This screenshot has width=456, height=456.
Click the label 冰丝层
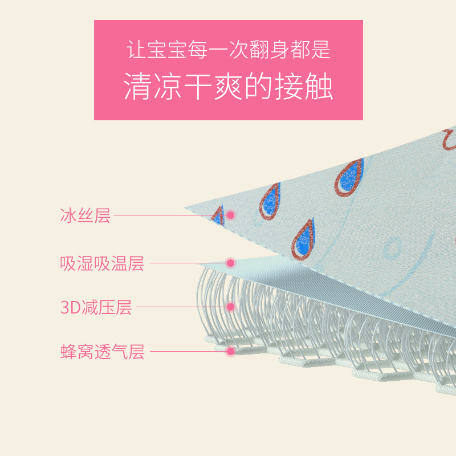coord(85,215)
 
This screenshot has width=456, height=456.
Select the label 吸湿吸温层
coord(102,263)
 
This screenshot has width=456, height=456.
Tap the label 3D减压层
coord(96,307)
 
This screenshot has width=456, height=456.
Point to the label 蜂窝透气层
coord(103,352)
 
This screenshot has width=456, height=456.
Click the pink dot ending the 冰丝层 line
coord(231,215)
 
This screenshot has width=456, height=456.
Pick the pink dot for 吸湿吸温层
coord(231,263)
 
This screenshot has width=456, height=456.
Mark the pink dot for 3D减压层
coord(231,307)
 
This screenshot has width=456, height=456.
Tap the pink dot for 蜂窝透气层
coord(231,351)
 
